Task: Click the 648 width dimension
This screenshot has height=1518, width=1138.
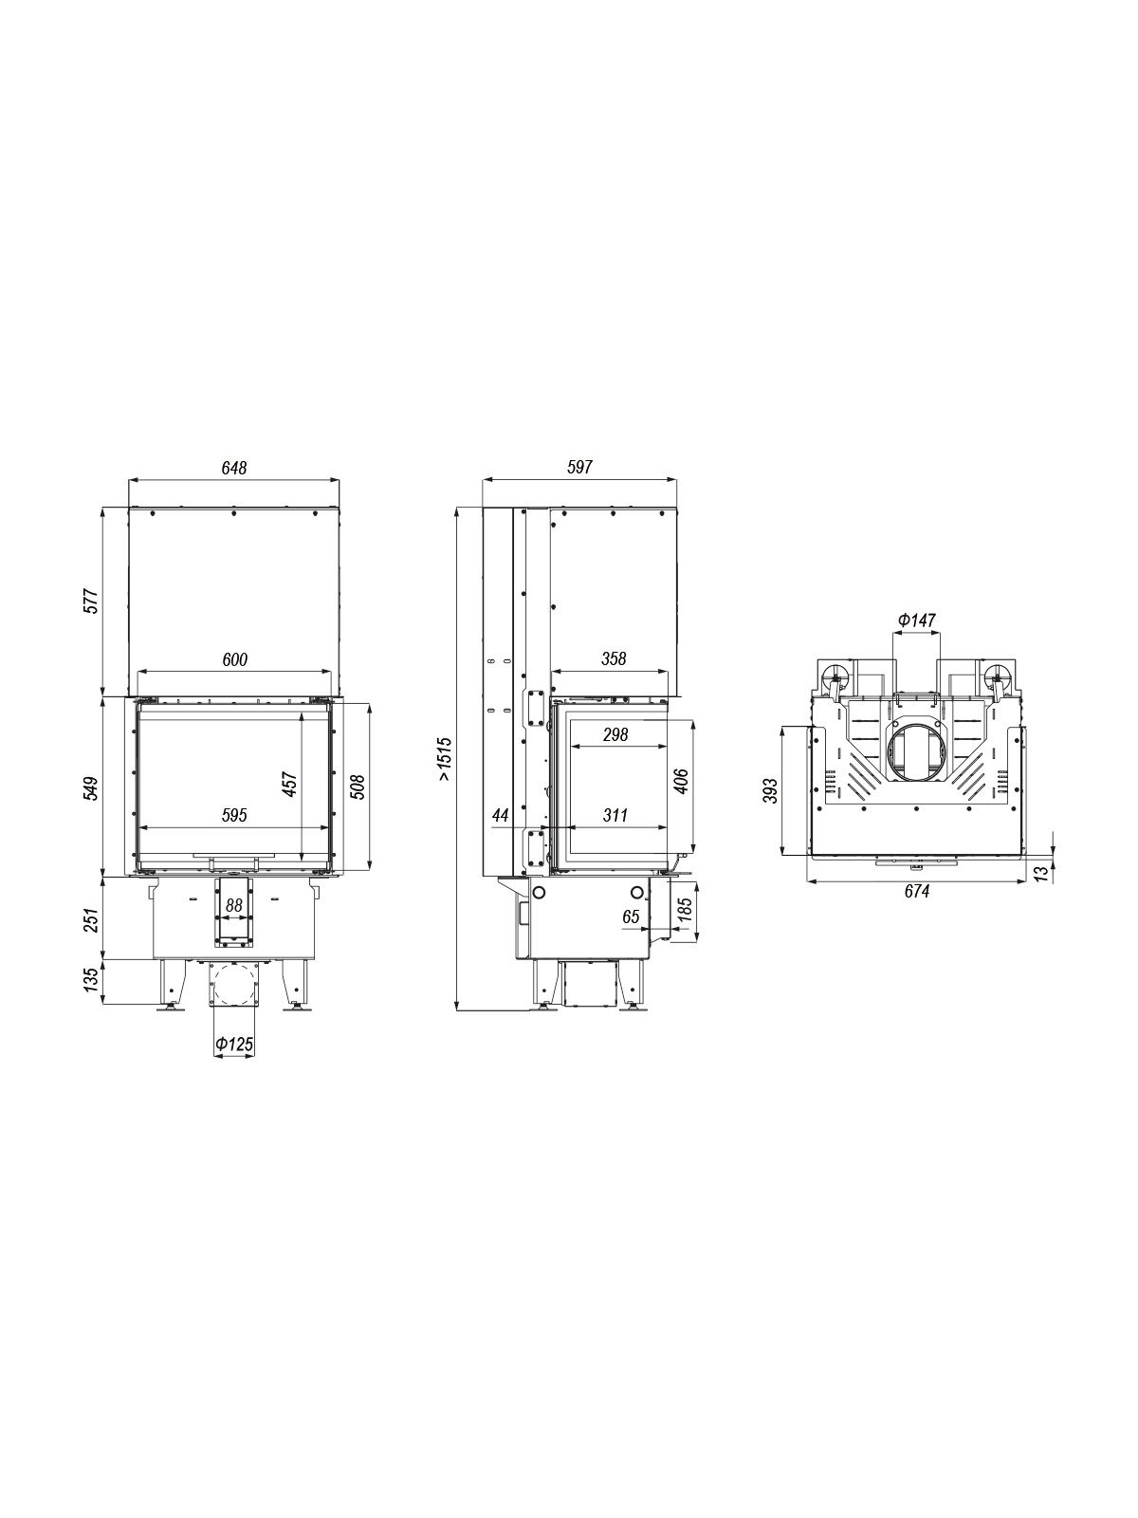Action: (233, 468)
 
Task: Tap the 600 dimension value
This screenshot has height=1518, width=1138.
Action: (234, 659)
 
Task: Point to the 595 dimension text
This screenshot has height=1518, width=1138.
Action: (234, 815)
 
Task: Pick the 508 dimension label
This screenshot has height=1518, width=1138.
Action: (358, 787)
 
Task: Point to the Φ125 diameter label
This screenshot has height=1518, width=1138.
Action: (233, 1063)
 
